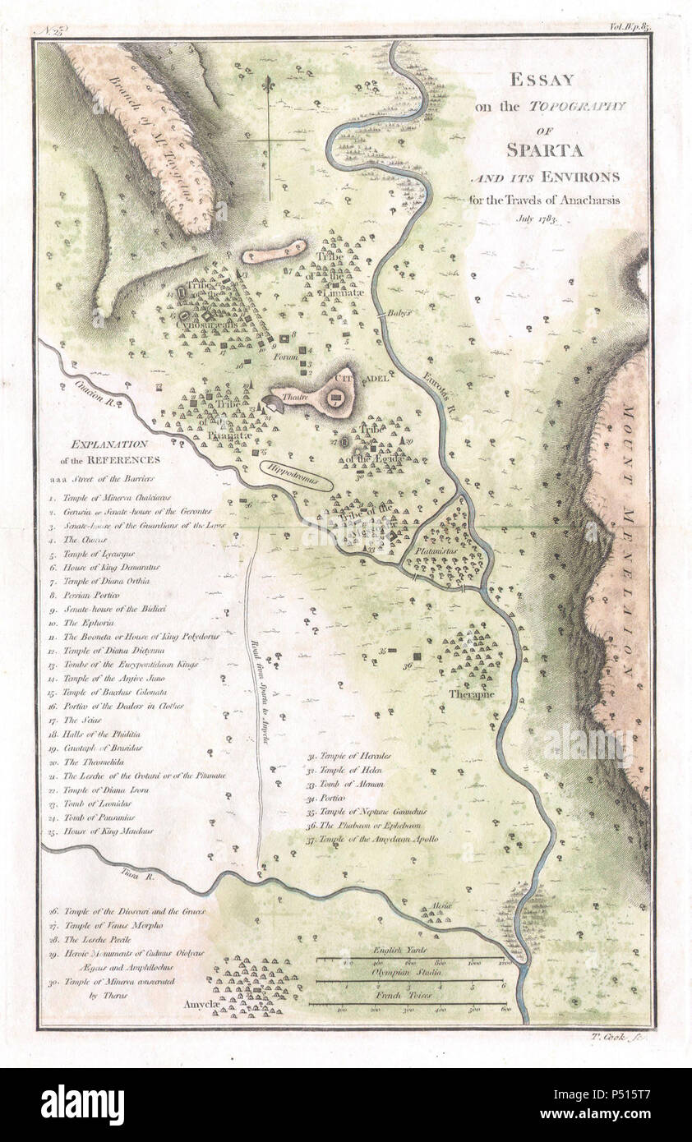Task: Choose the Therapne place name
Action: tap(470, 693)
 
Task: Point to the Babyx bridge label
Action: tap(399, 313)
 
